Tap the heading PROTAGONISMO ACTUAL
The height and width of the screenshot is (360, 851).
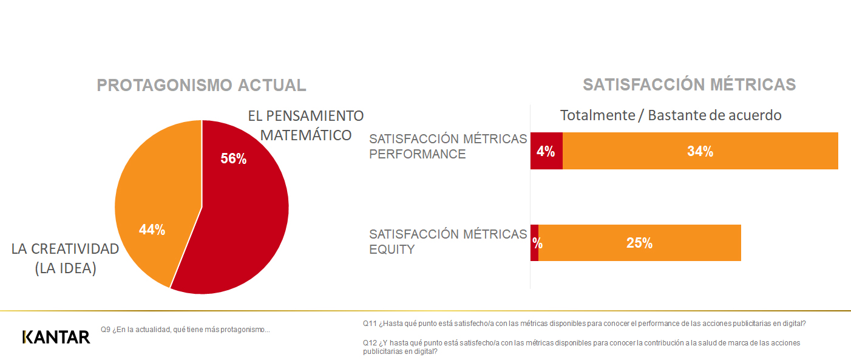(202, 85)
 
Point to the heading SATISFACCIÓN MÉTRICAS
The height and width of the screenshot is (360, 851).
(689, 84)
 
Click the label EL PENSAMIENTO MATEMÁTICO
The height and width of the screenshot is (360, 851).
(306, 125)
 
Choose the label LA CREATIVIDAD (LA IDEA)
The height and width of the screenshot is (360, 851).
(66, 258)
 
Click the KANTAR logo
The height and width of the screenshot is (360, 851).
(56, 337)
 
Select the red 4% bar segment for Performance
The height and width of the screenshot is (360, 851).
(546, 151)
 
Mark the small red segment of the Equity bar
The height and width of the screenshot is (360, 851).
(534, 243)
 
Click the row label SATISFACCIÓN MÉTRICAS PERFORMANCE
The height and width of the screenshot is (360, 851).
(448, 146)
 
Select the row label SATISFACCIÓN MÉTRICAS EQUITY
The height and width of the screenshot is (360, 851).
(448, 241)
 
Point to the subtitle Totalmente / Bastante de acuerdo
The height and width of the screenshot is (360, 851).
(671, 115)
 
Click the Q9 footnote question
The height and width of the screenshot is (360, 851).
(185, 330)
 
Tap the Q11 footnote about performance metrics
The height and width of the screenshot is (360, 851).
(588, 324)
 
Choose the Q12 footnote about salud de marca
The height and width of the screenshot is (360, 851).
(581, 347)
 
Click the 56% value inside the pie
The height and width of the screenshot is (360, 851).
(234, 158)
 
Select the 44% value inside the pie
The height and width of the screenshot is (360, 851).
(152, 229)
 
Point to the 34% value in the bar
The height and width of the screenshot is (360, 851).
(700, 152)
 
